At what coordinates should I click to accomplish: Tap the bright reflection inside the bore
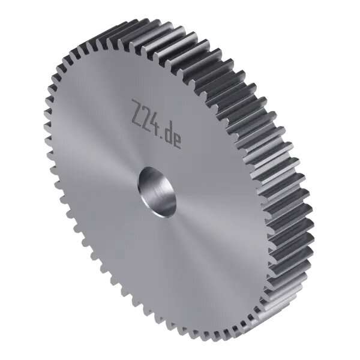click(x=161, y=198)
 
